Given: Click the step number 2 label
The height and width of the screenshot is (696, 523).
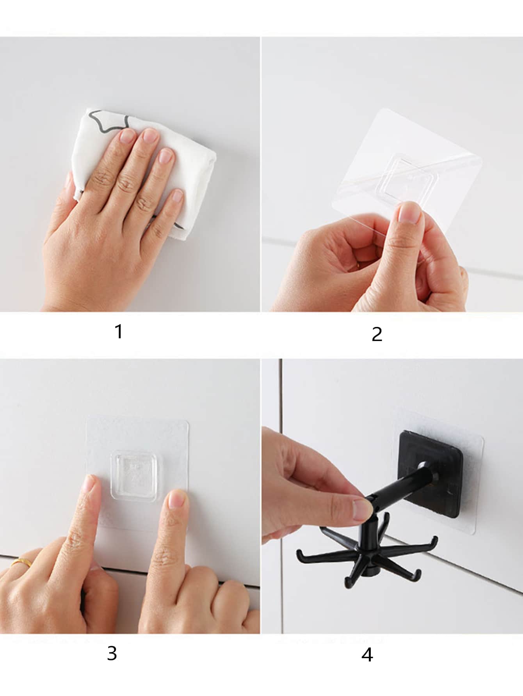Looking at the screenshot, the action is pyautogui.click(x=377, y=334).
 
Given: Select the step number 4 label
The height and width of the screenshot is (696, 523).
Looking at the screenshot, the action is pyautogui.click(x=367, y=655).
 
